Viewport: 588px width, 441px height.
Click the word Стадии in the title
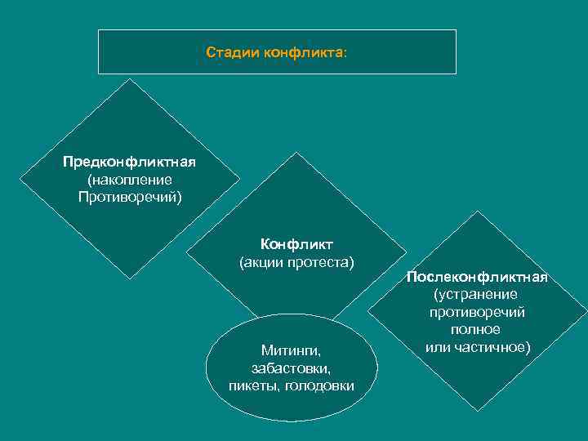(x=229, y=53)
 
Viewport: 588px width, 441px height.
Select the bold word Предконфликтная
(x=129, y=161)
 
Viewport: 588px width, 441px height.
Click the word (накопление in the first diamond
(x=129, y=179)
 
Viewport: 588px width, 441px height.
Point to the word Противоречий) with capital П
(x=130, y=197)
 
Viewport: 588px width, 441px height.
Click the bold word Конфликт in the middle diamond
(x=292, y=244)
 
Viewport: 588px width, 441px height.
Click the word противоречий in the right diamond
(x=476, y=312)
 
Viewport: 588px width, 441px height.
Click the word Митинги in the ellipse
(x=291, y=350)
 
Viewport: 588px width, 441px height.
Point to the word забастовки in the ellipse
(x=291, y=368)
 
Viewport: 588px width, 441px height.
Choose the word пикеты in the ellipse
(x=254, y=385)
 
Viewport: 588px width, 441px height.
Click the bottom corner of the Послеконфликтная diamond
(x=477, y=410)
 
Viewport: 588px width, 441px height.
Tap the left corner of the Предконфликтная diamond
(x=20, y=178)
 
